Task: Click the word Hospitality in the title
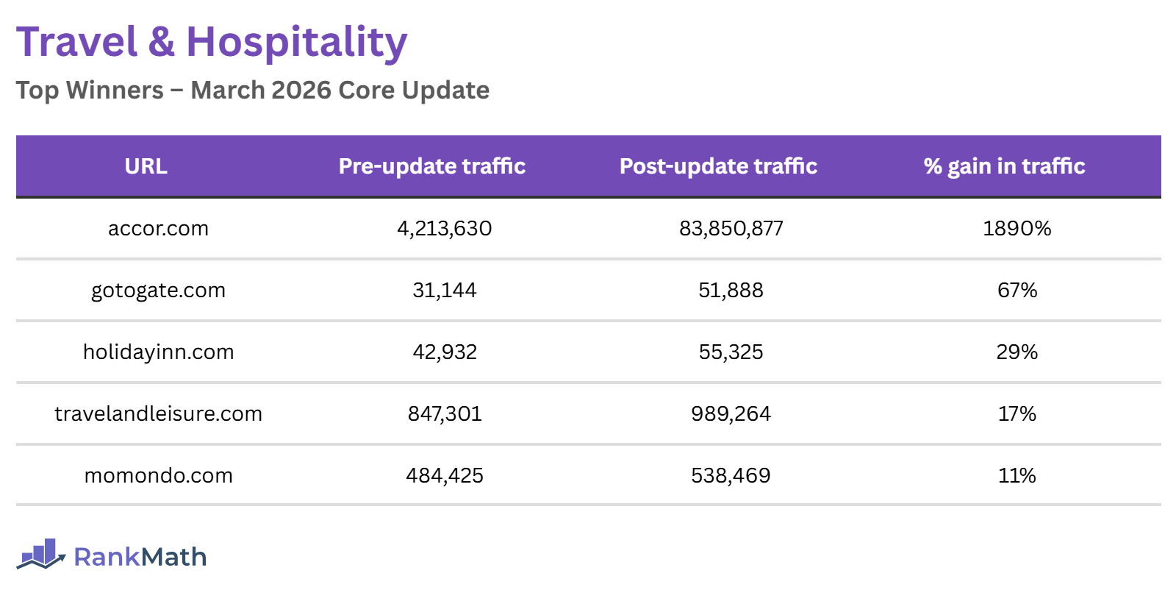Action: (x=296, y=42)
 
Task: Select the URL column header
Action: (x=146, y=166)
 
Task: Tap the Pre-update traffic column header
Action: (x=432, y=166)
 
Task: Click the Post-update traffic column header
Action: (x=718, y=166)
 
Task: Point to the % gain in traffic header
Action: (x=1004, y=166)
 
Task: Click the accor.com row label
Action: (x=158, y=228)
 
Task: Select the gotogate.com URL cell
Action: (x=158, y=290)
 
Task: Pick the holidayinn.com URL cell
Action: (x=158, y=352)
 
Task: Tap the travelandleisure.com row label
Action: (x=158, y=413)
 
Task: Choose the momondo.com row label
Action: (x=158, y=475)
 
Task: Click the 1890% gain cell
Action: (x=1017, y=228)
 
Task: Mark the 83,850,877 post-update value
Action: (x=731, y=228)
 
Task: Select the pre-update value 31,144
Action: (x=444, y=290)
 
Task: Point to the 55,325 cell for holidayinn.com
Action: (x=731, y=352)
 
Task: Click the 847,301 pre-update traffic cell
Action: (x=444, y=413)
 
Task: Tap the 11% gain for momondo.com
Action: (x=1017, y=475)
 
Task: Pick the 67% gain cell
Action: (x=1017, y=290)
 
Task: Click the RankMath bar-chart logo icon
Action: (x=41, y=554)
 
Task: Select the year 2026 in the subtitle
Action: (x=301, y=90)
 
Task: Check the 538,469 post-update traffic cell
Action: (x=731, y=475)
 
